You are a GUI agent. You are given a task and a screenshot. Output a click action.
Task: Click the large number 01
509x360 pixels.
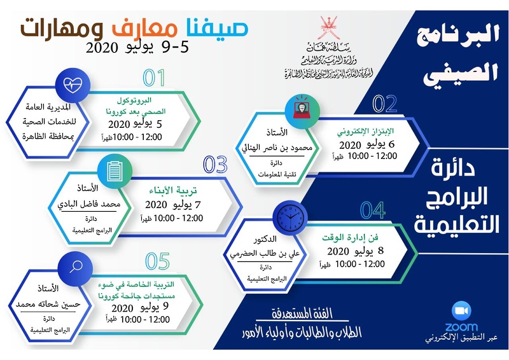154,78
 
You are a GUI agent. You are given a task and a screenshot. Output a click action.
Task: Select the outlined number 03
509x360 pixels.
215,165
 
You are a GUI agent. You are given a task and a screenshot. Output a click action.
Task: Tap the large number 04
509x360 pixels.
372,209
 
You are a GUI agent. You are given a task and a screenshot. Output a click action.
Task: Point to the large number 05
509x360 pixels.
157,261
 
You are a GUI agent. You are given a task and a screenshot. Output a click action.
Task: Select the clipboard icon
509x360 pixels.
115,169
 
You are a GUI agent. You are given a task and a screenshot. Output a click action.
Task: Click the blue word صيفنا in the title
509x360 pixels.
214,26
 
